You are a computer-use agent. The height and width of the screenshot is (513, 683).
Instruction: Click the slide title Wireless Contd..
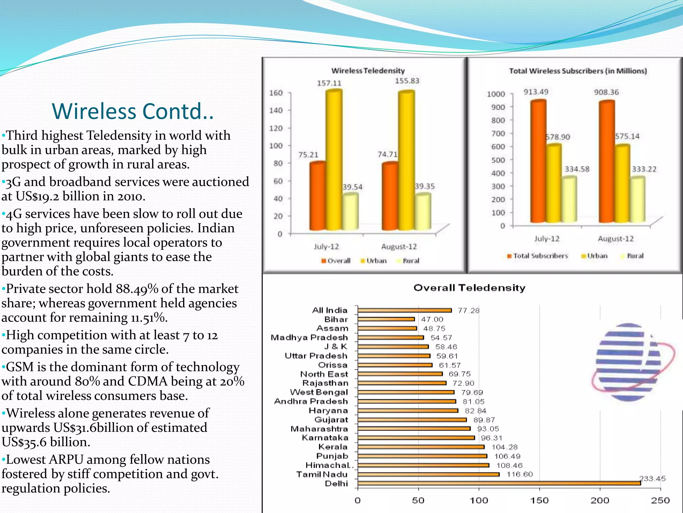133,111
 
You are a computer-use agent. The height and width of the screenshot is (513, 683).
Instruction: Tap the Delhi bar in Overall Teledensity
499,483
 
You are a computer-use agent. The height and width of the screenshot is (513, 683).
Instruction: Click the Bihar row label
336,319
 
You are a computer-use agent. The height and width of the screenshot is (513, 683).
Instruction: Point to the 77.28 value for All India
468,311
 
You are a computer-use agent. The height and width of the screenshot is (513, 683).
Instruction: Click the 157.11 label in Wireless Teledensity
329,83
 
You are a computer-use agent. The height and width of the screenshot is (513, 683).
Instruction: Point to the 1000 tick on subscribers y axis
496,94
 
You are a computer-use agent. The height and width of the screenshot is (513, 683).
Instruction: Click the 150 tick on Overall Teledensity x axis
539,500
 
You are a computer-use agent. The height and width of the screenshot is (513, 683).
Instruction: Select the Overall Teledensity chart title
469,288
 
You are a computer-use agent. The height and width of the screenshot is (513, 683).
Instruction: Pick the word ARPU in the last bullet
66,460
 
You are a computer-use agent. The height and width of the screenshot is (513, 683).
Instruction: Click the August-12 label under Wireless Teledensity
399,247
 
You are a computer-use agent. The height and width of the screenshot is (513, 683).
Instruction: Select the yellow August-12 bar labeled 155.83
406,160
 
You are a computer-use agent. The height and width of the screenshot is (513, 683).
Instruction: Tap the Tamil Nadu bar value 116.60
519,474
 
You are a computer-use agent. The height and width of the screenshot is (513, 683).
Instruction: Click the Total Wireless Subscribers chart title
578,71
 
